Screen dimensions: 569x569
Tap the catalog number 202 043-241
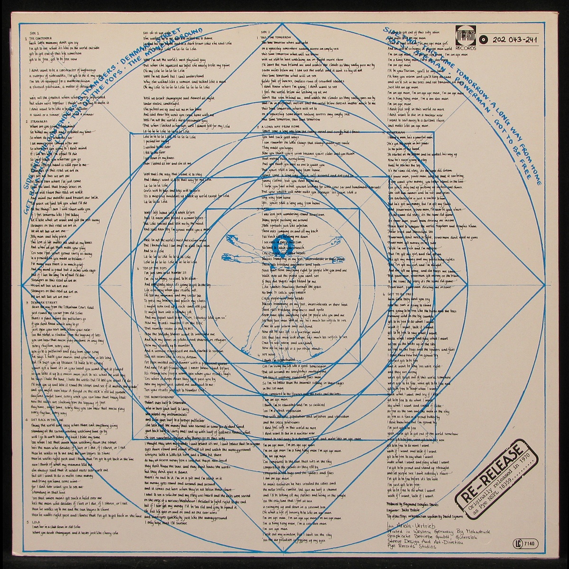(x=523, y=39)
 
